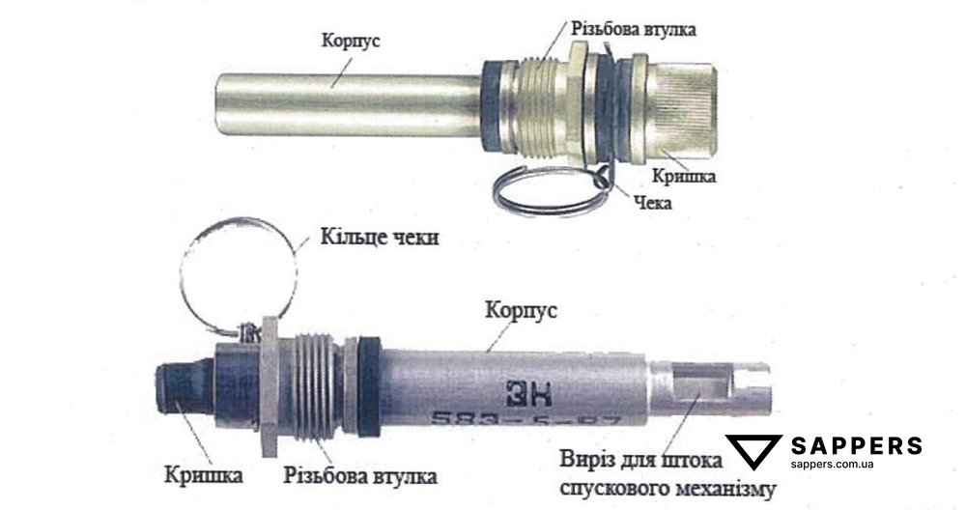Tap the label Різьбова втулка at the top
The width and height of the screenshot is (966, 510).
[x=634, y=29]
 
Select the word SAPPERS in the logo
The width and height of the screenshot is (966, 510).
[x=856, y=445]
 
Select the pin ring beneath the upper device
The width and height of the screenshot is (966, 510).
[x=547, y=192]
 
